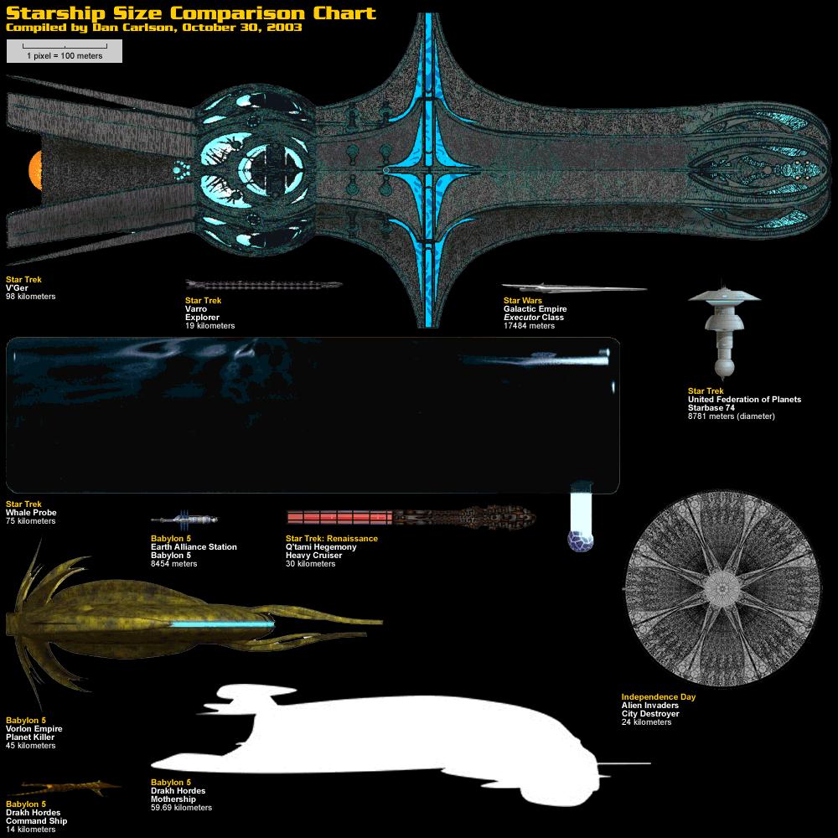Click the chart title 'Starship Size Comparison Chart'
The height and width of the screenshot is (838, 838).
coord(190,14)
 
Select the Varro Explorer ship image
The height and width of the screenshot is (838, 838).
coord(264,286)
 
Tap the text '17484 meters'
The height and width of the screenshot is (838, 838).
coord(529,326)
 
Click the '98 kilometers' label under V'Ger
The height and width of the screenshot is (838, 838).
coord(31,297)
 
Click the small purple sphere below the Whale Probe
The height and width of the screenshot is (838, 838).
coord(581,541)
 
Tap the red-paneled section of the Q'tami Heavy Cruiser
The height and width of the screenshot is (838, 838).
coord(339,516)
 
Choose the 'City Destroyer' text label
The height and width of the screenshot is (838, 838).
coord(650,714)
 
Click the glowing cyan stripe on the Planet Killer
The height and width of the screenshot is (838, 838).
coord(222,624)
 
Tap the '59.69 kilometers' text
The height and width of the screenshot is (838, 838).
coord(181,808)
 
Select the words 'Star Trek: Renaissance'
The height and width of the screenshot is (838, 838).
coord(332,539)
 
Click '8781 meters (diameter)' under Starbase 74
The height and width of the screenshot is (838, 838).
coord(732,416)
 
